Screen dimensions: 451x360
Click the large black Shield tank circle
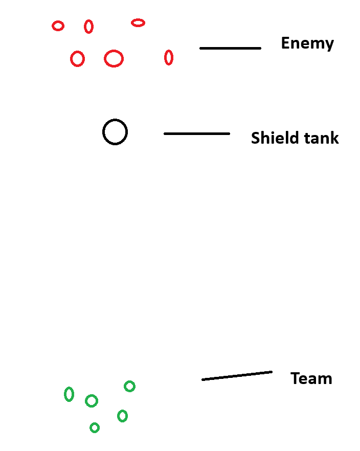pyautogui.click(x=115, y=132)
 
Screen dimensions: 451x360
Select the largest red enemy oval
pyautogui.click(x=114, y=59)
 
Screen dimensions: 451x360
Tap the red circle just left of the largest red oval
pyautogui.click(x=78, y=59)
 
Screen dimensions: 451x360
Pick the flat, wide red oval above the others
pyautogui.click(x=138, y=22)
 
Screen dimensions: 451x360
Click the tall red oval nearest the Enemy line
pyautogui.click(x=169, y=58)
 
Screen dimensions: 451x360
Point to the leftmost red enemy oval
pyautogui.click(x=58, y=26)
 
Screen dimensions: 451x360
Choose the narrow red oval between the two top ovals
pyautogui.click(x=89, y=26)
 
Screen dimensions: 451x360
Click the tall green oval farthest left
pyautogui.click(x=69, y=394)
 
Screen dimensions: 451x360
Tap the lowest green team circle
pyautogui.click(x=95, y=427)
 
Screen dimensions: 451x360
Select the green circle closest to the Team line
pyautogui.click(x=130, y=386)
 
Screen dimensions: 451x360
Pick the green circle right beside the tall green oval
pyautogui.click(x=92, y=401)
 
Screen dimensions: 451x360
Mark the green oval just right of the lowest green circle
pyautogui.click(x=122, y=416)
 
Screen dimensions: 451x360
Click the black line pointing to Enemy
pyautogui.click(x=230, y=48)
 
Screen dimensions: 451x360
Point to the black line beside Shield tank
pyautogui.click(x=197, y=133)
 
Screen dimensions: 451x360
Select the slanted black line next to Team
pyautogui.click(x=237, y=375)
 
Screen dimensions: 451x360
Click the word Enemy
pyautogui.click(x=307, y=43)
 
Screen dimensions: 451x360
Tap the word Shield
pyautogui.click(x=272, y=138)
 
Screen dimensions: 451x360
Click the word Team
pyautogui.click(x=311, y=378)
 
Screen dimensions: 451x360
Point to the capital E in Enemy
pyautogui.click(x=285, y=43)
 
